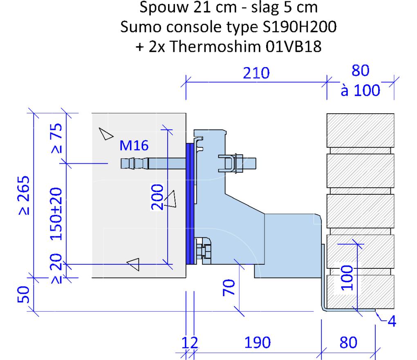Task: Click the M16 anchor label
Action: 134,145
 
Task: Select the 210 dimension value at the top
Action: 256,73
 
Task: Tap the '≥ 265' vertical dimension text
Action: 24,195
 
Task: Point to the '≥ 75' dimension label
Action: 57,138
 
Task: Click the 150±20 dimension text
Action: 56,214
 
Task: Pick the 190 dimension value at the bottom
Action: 257,342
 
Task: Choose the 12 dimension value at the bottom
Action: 190,342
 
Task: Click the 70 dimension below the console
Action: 229,287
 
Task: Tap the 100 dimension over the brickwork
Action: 347,278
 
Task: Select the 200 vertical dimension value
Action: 157,197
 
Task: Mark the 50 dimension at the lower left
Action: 23,295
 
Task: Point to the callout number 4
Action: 392,321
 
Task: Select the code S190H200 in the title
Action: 300,27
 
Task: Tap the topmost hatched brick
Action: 360,130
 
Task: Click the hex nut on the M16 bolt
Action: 238,163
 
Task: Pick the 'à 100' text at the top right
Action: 360,90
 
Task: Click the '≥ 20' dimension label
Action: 56,268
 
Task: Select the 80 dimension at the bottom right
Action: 348,342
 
